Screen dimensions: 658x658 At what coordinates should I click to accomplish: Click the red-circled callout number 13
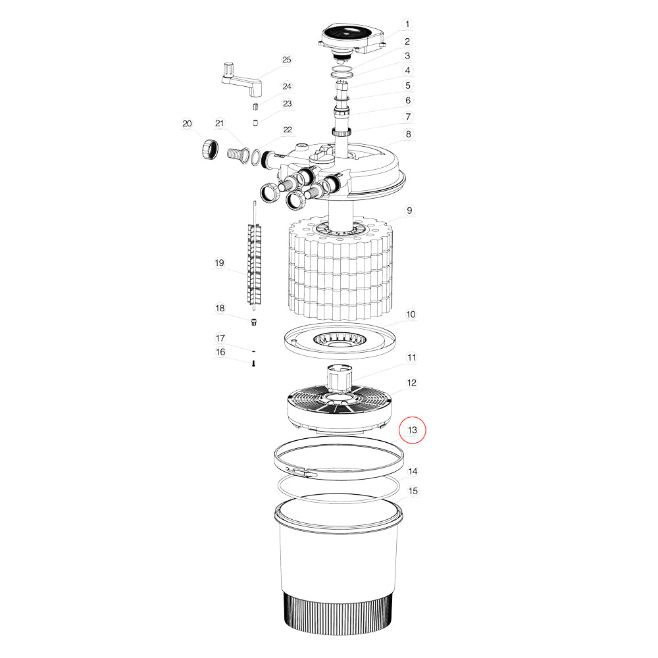pos(413,430)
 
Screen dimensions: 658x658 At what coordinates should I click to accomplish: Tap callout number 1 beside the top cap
pos(407,24)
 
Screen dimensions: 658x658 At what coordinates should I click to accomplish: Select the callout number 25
pos(286,60)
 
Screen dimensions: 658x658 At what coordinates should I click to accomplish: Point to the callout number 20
pos(187,124)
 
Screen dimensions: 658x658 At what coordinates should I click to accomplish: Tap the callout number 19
pos(219,263)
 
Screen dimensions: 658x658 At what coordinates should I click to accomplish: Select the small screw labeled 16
pos(254,363)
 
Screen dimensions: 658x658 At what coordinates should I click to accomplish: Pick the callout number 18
pos(220,308)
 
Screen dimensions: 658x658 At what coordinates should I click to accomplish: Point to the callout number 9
pos(409,211)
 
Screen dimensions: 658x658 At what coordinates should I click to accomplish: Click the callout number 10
pos(411,315)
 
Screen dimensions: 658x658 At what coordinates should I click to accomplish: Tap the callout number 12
pos(412,382)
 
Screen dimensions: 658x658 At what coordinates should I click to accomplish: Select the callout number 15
pos(413,491)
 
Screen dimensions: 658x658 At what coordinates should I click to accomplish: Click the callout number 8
pos(408,134)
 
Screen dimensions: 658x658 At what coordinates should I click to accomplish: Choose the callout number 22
pos(288,130)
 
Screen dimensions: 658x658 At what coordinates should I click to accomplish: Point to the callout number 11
pos(412,358)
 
